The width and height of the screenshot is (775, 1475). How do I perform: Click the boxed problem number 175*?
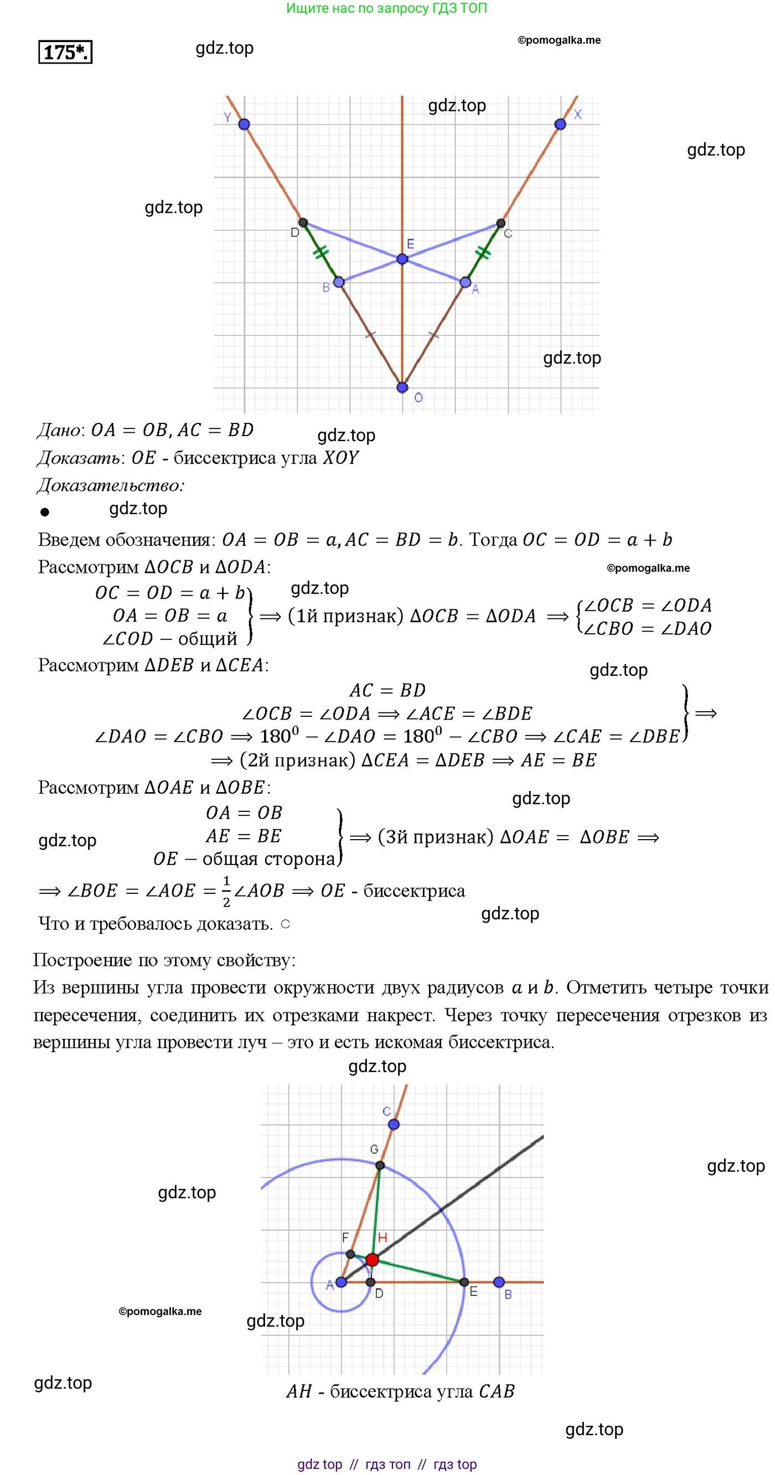65,52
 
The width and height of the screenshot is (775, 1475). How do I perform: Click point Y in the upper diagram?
244,124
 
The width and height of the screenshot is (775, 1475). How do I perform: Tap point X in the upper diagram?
560,124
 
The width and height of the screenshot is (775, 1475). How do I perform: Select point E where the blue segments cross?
402,260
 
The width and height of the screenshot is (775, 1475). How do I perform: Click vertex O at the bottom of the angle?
402,387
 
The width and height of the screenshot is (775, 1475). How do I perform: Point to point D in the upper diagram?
303,222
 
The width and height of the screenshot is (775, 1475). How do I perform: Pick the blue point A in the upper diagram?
465,282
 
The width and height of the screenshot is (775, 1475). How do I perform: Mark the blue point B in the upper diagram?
339,282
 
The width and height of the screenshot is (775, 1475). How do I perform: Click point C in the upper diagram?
500,222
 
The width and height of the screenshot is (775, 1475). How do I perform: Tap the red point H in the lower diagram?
372,1259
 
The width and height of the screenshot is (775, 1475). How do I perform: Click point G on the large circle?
380,1165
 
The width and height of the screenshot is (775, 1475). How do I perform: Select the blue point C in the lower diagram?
394,1125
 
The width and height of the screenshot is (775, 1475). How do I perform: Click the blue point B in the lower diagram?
499,1281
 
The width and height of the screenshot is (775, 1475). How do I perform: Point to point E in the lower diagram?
464,1282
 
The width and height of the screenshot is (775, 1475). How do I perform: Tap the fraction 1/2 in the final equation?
226,891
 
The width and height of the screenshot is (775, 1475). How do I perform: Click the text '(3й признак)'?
435,837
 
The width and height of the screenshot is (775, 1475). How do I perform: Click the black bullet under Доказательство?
45,512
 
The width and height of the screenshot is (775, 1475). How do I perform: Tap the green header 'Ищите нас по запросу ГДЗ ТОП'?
386,8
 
